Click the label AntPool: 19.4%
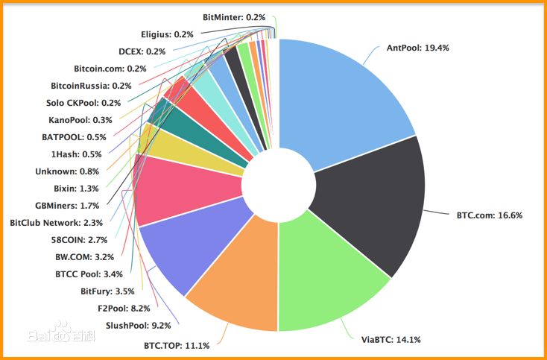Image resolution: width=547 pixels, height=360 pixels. [417, 48]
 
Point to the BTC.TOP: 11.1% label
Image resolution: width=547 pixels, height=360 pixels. [177, 345]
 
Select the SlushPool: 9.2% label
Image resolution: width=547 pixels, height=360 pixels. [139, 325]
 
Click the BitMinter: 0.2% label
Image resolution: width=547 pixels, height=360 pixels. [234, 16]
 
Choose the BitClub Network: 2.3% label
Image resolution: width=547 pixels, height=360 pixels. [57, 222]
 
